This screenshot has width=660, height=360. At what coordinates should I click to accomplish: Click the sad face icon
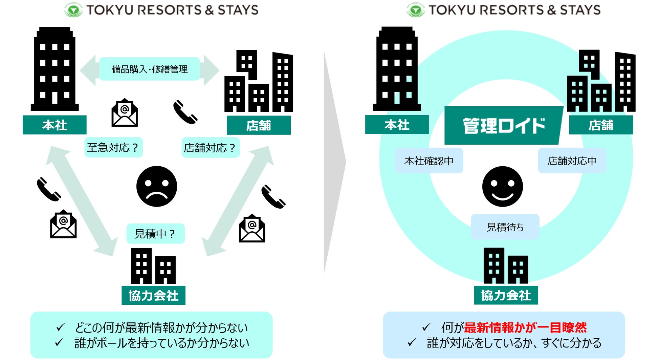coord(157,186)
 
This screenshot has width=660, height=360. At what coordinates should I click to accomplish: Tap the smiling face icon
coord(502,186)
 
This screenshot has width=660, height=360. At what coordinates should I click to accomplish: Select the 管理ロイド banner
coord(504,126)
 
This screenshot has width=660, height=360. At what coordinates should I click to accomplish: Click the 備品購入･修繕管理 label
coord(150,69)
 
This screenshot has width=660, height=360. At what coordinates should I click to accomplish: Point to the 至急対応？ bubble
coord(113,148)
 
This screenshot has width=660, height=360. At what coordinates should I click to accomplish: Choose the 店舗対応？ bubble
coord(210,148)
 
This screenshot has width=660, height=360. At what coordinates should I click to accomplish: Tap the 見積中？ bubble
coord(155,234)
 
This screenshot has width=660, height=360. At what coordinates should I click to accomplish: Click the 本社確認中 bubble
coord(428,161)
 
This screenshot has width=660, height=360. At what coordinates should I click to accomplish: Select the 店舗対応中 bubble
coord(572,161)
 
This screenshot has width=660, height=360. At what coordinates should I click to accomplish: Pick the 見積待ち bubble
coord(505,227)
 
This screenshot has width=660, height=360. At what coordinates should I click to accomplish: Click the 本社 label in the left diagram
coord(54,125)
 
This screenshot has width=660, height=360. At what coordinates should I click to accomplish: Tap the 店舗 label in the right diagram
coord(601,125)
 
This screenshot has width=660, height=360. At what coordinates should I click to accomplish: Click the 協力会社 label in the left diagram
coord(153,296)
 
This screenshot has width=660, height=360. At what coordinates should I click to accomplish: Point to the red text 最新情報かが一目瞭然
coord(525,327)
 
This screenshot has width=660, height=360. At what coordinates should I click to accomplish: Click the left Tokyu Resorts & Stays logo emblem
coord(73,10)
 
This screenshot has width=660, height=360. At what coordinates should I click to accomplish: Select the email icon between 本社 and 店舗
coord(125,113)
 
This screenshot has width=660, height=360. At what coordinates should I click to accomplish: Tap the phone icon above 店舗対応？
coord(185,112)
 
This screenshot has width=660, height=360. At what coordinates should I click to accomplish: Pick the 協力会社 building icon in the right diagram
coord(506,266)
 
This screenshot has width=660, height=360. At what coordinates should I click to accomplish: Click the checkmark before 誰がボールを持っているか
coord(59,342)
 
